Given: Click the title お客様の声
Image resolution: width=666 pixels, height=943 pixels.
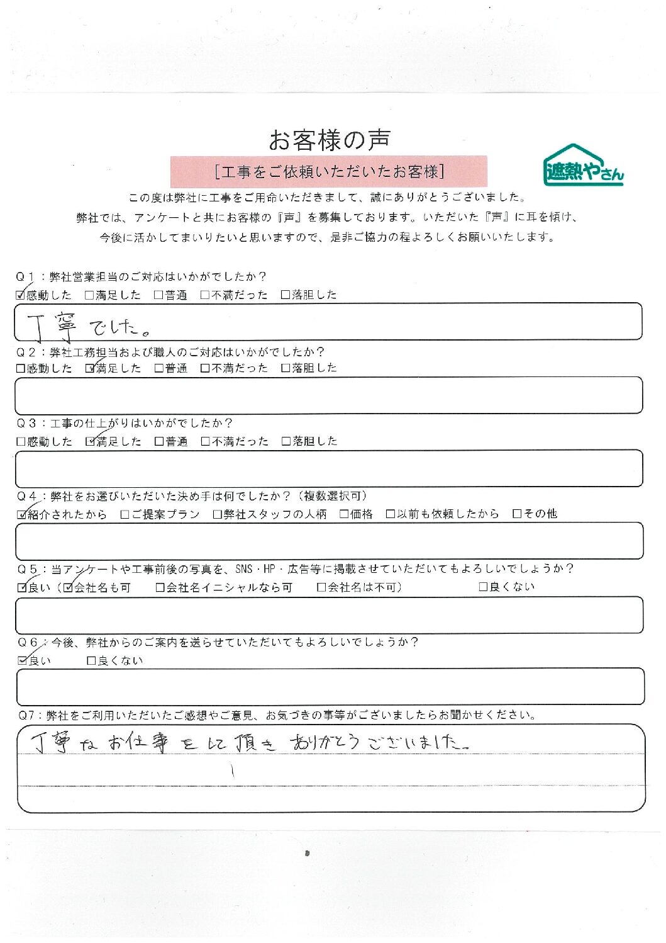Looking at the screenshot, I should (x=329, y=140).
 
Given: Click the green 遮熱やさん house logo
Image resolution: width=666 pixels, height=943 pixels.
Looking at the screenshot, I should (x=582, y=166).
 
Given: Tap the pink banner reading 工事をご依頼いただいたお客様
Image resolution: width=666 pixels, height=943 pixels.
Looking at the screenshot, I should (x=329, y=172).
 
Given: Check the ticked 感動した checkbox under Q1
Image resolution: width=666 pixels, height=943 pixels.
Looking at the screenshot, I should (x=21, y=295).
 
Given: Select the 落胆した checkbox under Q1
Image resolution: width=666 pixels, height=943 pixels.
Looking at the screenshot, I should (x=286, y=295).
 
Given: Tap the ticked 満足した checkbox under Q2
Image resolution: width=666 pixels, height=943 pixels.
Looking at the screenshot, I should (x=90, y=368).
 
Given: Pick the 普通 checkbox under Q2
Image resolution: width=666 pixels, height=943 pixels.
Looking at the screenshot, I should (x=159, y=368).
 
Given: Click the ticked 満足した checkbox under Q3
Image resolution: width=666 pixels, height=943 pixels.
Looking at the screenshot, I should (x=90, y=442).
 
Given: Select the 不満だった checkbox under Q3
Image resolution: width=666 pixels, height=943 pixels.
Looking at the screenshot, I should (x=205, y=442).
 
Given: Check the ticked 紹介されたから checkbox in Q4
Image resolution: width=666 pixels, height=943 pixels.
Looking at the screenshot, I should (x=22, y=514).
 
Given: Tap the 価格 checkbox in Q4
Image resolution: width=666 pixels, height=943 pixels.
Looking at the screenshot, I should (x=344, y=514).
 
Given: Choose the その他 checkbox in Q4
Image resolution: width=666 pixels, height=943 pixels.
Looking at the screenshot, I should (x=517, y=514).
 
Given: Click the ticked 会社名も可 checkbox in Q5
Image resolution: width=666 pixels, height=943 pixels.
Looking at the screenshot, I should (x=69, y=588).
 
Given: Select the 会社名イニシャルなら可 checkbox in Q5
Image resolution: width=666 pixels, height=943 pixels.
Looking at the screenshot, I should (x=160, y=588).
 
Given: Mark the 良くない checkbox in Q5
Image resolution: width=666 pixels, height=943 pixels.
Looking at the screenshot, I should (x=483, y=587).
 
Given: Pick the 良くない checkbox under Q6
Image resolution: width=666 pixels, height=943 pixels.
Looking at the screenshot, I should (x=91, y=661).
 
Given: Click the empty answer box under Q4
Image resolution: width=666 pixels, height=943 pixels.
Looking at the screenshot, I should (x=329, y=541).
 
